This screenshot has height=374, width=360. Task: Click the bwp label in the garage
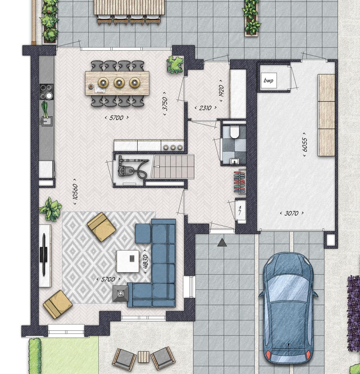coord(268,80)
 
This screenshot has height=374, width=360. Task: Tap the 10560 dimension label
coord(75,192)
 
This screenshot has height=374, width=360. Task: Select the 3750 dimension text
coord(165,104)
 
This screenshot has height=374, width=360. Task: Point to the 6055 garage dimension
coord(305,145)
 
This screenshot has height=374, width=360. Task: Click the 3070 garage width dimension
coord(291,213)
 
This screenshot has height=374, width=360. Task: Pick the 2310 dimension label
coord(205,108)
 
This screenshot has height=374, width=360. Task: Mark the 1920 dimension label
coord(221,91)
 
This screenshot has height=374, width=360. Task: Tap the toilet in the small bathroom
coord(234,132)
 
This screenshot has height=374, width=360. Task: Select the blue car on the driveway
coord(288,308)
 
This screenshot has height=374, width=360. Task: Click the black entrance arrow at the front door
coord(222,242)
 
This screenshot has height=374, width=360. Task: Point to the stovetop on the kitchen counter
coord(46,91)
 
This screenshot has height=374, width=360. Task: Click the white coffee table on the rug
coord(128,261)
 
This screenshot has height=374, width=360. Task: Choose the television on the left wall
coord(44,255)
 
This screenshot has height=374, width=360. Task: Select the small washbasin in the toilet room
coord(235,161)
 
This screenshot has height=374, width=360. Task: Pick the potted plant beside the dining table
coord(175,65)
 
